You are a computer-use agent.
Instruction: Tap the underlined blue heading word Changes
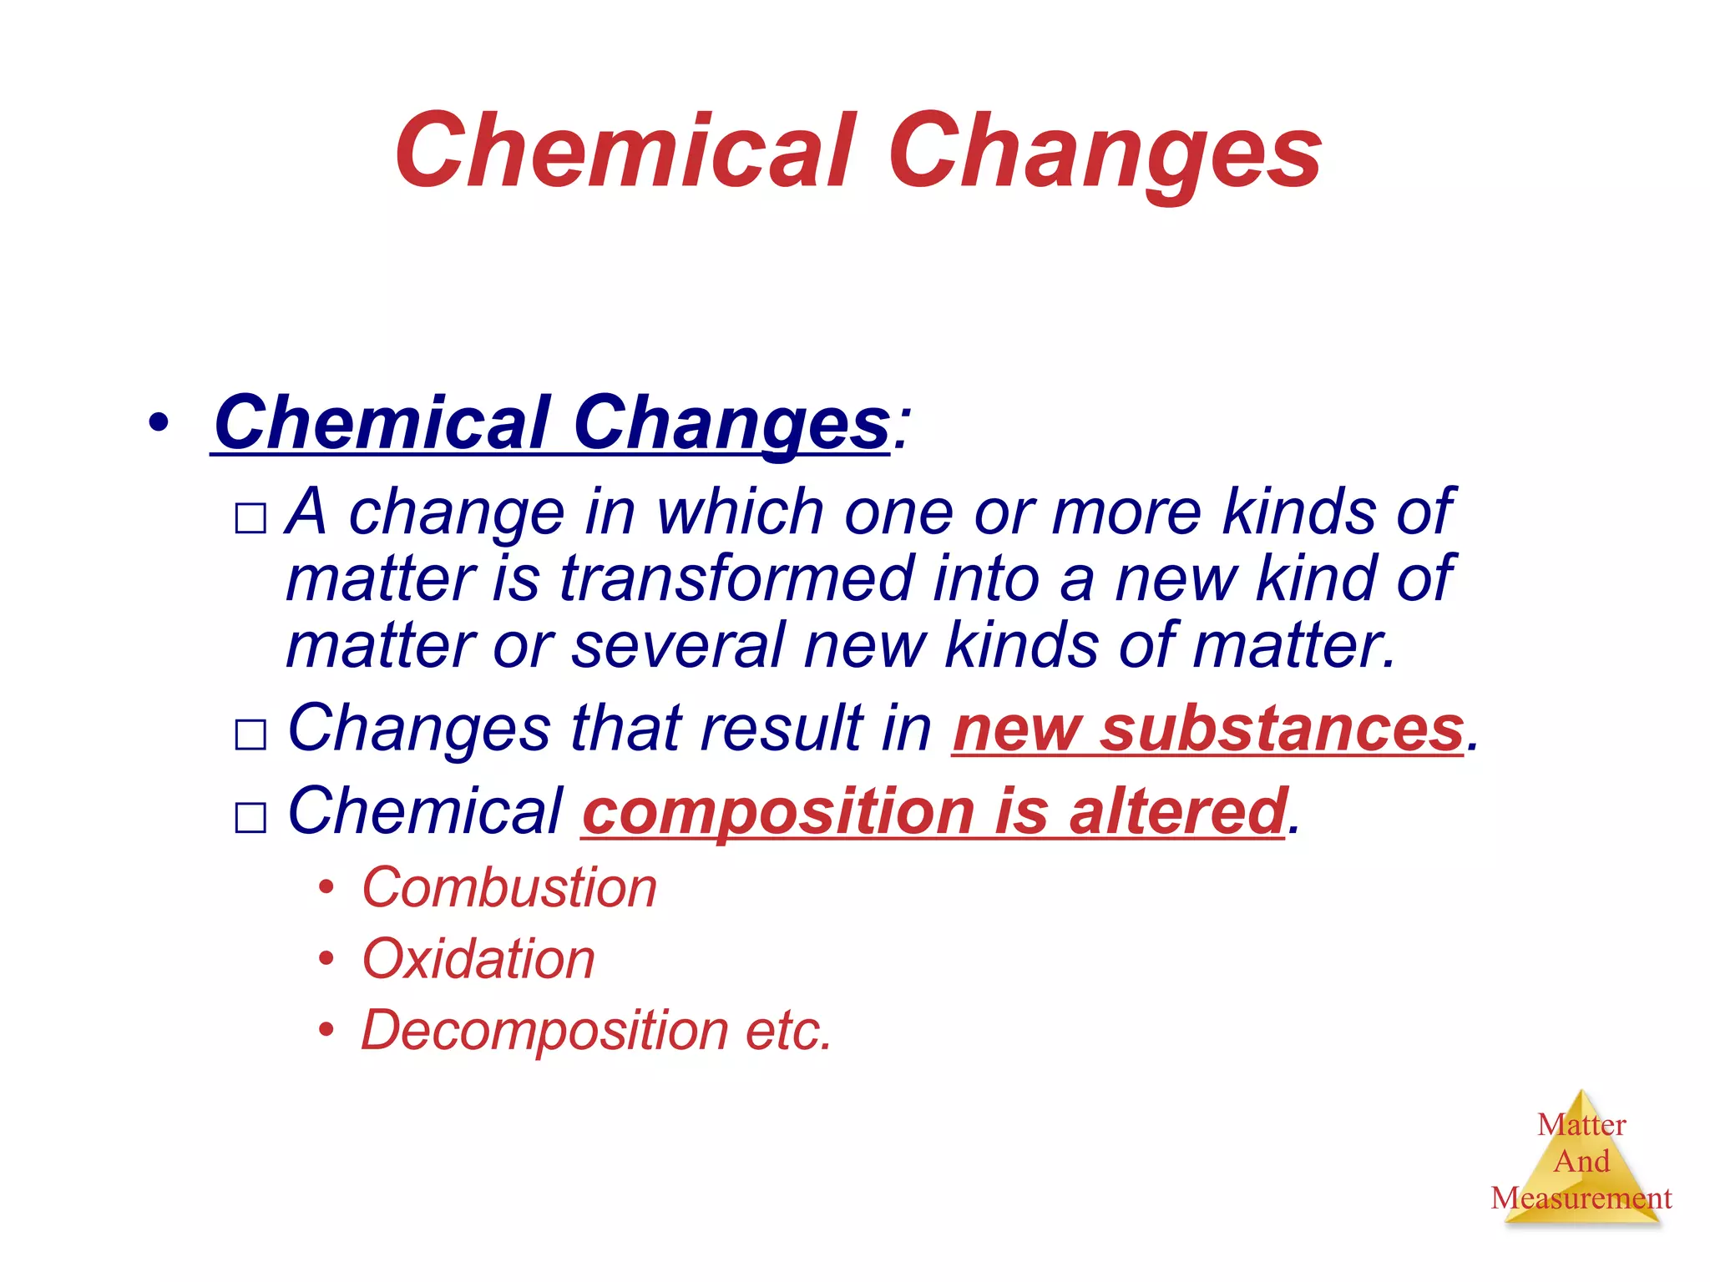click(731, 424)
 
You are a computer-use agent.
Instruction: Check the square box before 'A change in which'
click(250, 518)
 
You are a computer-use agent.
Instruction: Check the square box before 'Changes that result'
click(250, 734)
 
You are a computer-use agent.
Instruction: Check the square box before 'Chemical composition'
click(250, 817)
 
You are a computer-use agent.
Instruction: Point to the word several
click(677, 645)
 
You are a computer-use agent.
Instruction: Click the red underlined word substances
click(1282, 729)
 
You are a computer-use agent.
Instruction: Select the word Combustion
click(509, 887)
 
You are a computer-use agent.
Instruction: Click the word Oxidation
click(478, 959)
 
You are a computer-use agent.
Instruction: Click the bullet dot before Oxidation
click(326, 959)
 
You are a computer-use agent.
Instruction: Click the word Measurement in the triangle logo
click(1581, 1199)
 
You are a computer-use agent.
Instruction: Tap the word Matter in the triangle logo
click(1581, 1125)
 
